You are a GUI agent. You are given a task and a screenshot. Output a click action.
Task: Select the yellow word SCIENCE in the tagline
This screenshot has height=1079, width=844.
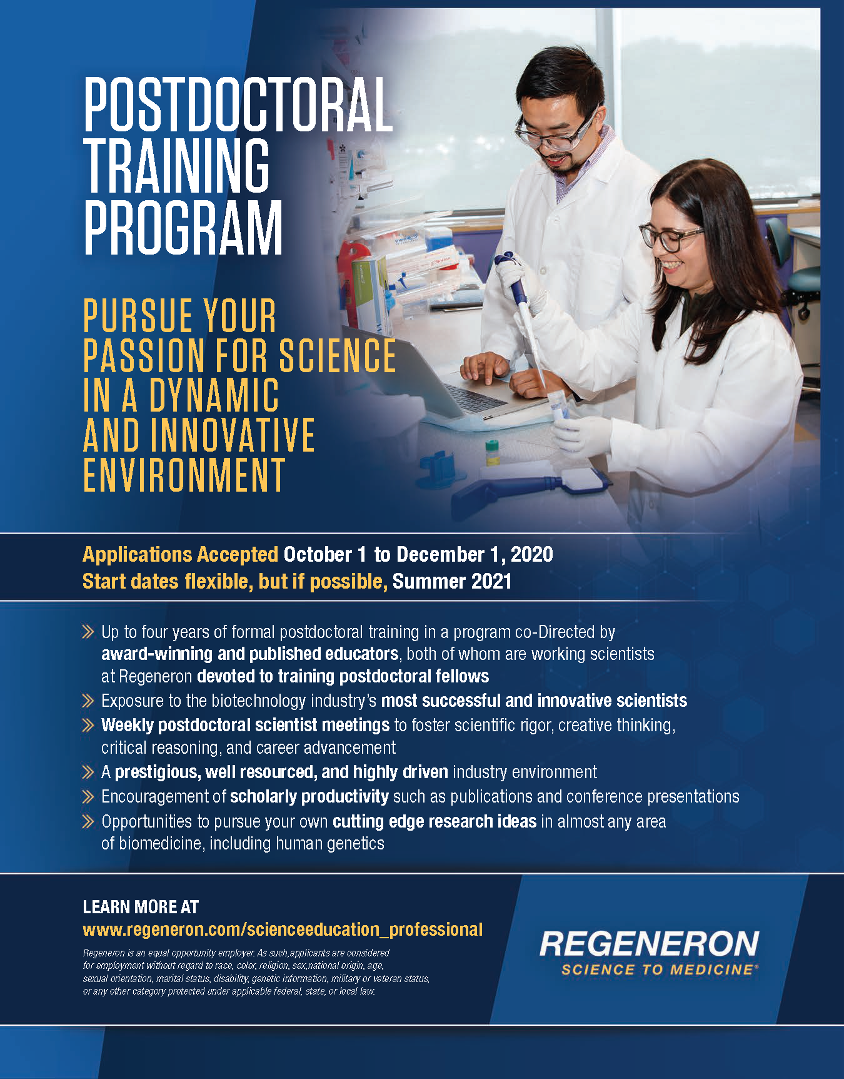[x=337, y=355]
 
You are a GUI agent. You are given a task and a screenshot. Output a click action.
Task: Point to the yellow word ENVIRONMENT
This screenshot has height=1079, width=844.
[x=184, y=475]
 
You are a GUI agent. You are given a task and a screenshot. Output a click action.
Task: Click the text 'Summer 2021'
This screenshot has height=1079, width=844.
[x=452, y=581]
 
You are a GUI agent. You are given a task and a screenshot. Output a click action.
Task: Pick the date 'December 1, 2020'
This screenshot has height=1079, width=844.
[x=475, y=554]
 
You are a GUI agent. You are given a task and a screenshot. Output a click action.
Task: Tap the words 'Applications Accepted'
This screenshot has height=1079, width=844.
[x=180, y=554]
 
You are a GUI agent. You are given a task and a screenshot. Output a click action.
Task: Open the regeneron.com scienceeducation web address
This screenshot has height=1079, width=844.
[x=283, y=930]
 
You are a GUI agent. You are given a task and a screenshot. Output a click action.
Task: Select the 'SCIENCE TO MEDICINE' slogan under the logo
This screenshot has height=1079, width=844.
[x=657, y=970]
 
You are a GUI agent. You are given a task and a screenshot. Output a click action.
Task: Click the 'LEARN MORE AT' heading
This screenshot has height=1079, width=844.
[x=141, y=907]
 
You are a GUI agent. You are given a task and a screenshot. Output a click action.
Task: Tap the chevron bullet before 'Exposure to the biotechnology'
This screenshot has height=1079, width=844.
[x=88, y=701]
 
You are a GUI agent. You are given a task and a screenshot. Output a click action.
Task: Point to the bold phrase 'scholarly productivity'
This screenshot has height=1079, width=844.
[x=309, y=796]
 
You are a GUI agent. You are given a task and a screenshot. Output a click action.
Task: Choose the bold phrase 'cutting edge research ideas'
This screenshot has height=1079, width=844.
[x=434, y=821]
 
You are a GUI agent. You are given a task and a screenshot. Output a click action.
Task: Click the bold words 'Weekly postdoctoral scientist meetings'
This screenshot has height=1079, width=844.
[x=245, y=725]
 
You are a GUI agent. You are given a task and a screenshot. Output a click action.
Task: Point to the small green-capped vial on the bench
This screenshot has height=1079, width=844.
[x=493, y=452]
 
